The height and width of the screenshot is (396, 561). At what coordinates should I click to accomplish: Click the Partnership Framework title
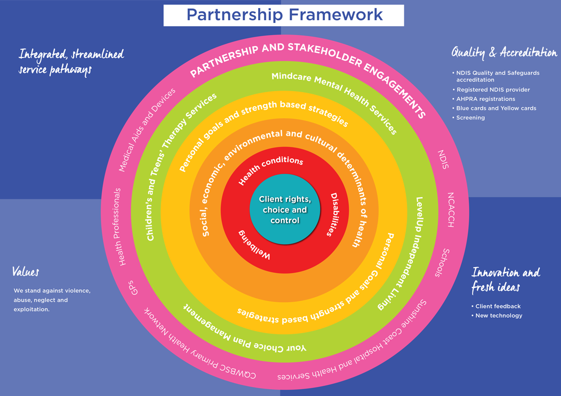pyautogui.click(x=284, y=14)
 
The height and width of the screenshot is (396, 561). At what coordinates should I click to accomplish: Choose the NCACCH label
pyautogui.click(x=451, y=209)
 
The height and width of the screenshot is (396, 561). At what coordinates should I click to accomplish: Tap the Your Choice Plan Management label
pyautogui.click(x=245, y=329)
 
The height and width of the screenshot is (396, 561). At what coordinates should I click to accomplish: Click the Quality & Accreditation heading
pyautogui.click(x=504, y=52)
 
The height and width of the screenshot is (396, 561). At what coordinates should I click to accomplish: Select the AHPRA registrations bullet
pyautogui.click(x=485, y=99)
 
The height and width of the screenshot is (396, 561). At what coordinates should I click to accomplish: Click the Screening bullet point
pyautogui.click(x=470, y=118)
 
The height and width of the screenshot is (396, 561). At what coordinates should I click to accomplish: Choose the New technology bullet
pyautogui.click(x=499, y=316)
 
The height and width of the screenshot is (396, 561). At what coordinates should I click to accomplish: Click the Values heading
pyautogui.click(x=26, y=272)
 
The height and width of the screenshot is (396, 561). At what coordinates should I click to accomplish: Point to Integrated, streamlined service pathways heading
pyautogui.click(x=70, y=61)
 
